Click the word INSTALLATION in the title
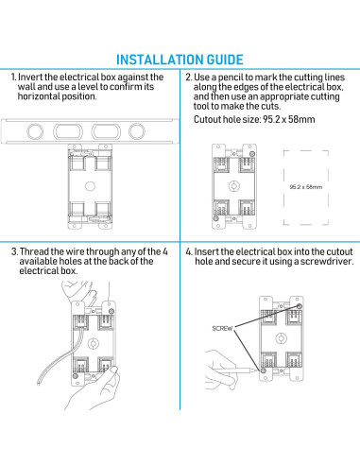click(160, 60)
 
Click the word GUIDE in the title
click(225, 60)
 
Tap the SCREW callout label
click(222, 328)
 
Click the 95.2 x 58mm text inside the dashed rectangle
click(306, 187)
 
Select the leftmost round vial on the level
click(35, 131)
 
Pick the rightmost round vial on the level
click(137, 131)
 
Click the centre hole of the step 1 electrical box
click(90, 186)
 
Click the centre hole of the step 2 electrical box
click(234, 186)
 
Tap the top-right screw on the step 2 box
click(252, 154)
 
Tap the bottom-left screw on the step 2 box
click(216, 218)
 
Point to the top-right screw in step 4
click(300, 306)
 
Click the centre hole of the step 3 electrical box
click(94, 343)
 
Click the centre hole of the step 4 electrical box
click(281, 338)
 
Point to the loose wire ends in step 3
click(39, 380)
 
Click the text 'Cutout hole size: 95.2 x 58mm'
click(254, 119)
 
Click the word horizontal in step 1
click(38, 96)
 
